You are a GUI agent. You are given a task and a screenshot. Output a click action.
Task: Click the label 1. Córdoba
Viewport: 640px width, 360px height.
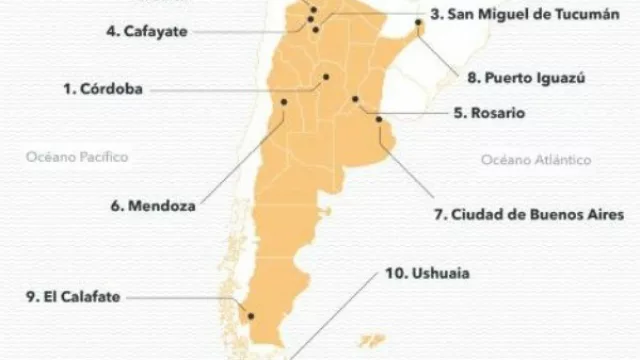click(102, 89)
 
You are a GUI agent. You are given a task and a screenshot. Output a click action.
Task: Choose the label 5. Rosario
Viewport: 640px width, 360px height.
click(489, 113)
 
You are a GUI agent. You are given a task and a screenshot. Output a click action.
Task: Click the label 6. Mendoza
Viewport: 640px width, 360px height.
click(153, 207)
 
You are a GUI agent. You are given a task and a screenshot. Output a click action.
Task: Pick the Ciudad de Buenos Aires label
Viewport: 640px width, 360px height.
click(528, 214)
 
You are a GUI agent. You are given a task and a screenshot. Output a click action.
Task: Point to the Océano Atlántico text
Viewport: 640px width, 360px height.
click(535, 160)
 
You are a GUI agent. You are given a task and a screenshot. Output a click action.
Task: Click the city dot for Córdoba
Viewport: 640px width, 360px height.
click(325, 76)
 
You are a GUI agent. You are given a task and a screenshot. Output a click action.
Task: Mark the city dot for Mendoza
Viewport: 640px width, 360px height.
click(284, 101)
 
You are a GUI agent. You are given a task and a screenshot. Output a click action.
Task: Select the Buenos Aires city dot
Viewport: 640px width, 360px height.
click(378, 120)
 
